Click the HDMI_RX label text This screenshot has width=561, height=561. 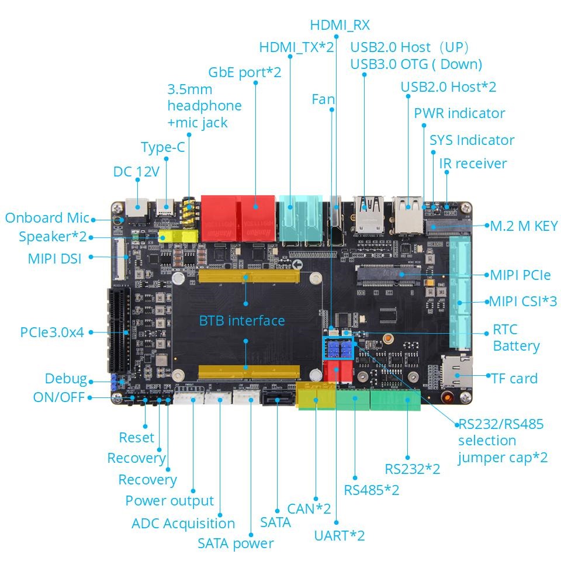coord(340,25)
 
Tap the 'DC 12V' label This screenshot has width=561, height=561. coord(136,171)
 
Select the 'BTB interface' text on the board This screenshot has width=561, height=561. coord(242,320)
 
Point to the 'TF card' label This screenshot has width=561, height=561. coord(514,378)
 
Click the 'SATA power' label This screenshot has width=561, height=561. coord(236,543)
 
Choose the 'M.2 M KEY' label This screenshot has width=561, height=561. coord(524,226)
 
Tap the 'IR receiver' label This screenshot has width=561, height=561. coord(473,163)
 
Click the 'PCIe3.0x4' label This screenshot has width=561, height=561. coord(52,332)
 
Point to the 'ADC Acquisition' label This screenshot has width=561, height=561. coord(183,523)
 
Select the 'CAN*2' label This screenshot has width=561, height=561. coord(309,508)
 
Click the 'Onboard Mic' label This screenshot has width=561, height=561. coord(47,218)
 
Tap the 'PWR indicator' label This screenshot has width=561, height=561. coord(459,113)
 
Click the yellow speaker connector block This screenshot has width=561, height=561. coord(176,236)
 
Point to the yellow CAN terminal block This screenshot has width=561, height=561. coord(316,399)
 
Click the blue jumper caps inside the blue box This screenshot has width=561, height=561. coord(339,349)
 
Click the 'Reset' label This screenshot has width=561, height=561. coord(137,437)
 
